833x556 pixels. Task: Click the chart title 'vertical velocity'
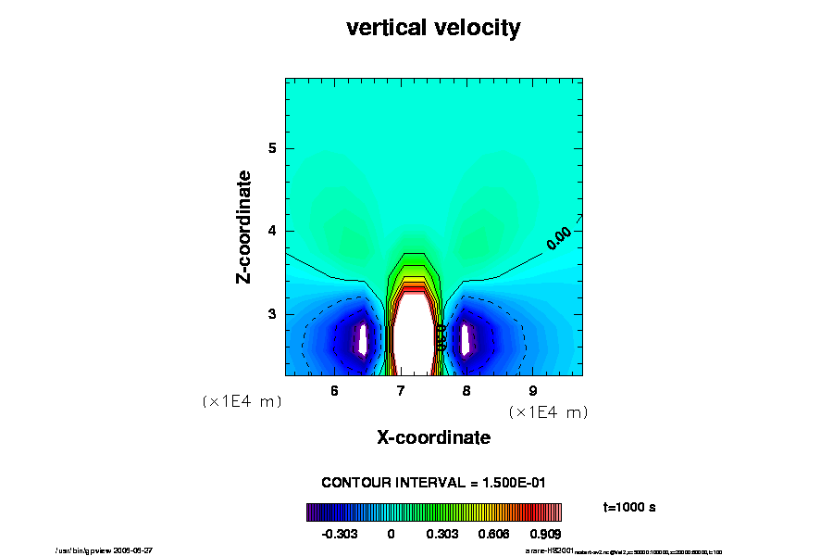click(433, 29)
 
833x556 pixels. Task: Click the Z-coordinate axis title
click(244, 227)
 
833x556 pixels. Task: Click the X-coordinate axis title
click(433, 436)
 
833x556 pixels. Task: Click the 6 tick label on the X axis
click(334, 390)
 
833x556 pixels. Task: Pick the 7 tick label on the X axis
click(400, 390)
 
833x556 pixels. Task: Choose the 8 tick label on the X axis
click(466, 390)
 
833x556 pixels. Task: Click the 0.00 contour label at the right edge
click(559, 238)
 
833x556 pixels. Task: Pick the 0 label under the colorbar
click(391, 534)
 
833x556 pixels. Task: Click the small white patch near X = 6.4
click(364, 338)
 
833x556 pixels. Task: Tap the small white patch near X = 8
click(466, 338)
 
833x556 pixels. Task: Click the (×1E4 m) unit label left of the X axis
click(242, 402)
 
